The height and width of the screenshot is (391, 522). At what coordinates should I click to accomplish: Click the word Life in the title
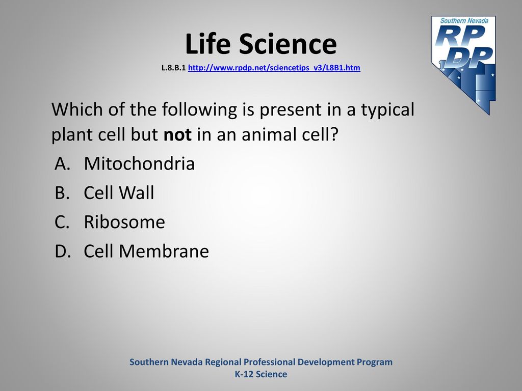[208, 44]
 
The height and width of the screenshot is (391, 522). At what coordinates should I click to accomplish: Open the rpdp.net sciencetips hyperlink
[274, 68]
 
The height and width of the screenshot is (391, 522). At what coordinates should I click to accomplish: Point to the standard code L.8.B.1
[173, 68]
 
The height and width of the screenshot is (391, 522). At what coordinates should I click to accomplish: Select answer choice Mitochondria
[139, 163]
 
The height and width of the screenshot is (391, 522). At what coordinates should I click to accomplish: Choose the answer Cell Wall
[119, 192]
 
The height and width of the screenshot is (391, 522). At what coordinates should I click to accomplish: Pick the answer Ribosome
[124, 222]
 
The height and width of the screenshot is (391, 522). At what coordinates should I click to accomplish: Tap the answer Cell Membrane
[146, 251]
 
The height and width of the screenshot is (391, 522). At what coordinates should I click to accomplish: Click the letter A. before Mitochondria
[62, 163]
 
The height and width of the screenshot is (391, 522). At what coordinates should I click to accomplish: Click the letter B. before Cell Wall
[62, 193]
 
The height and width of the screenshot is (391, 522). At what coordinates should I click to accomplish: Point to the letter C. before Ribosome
[62, 222]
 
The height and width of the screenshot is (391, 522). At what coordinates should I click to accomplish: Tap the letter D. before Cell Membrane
[63, 252]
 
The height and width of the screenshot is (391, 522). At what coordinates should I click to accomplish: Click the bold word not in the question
[177, 134]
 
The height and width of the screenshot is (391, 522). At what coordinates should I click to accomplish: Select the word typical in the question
[388, 110]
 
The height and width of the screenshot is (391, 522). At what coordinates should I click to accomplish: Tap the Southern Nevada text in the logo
[464, 20]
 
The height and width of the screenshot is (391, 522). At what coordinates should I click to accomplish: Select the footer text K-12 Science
[261, 374]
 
